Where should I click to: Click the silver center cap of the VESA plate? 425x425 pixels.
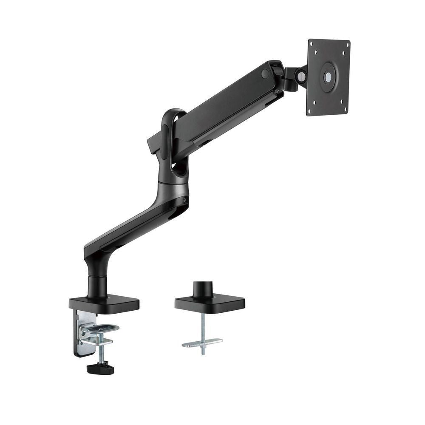click(328, 77)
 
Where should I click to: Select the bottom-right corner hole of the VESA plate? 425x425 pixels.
click(345, 109)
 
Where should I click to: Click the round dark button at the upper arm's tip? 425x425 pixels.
click(265, 74)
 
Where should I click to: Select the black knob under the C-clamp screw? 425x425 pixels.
click(100, 368)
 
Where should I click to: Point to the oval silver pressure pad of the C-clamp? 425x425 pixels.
click(100, 328)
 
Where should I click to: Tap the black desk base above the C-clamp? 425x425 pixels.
click(104, 303)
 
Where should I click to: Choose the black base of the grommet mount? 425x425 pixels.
click(210, 303)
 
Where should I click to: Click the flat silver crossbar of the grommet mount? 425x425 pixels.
click(202, 343)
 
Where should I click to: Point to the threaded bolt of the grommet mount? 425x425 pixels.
click(203, 327)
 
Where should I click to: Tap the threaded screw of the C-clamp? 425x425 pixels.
click(101, 348)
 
